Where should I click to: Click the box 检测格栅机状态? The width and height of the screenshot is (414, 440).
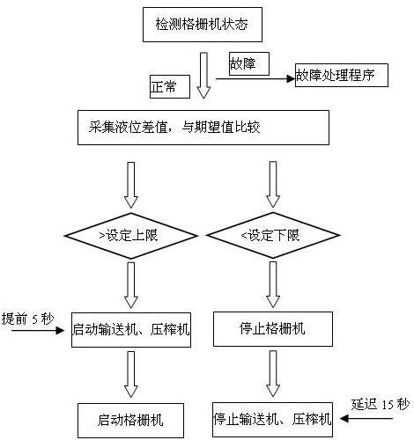203,25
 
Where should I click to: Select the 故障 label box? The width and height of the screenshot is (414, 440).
249,63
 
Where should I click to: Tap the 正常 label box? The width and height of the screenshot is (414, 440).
170,86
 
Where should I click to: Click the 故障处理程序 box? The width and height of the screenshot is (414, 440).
342,75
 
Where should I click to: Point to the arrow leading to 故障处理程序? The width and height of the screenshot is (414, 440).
255,78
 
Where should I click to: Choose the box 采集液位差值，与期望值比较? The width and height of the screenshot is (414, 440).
203,128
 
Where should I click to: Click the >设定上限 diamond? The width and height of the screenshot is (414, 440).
131,236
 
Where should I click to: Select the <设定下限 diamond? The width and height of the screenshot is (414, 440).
273,235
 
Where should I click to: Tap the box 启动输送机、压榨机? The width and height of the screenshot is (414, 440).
131,330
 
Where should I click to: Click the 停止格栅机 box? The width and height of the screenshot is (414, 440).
273,329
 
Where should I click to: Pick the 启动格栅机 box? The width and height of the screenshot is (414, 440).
130,421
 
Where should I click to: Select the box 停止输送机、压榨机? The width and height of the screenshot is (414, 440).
273,420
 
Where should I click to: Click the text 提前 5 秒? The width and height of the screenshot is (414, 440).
28,319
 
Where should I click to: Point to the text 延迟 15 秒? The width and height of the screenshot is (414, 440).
380,405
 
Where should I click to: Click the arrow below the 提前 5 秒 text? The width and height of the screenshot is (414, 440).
38,331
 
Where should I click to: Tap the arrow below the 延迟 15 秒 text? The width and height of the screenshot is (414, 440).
366,419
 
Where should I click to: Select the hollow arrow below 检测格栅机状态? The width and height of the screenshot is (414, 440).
203,76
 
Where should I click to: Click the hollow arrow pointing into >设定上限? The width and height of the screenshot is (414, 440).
131,186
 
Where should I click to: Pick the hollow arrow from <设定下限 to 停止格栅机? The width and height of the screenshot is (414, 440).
273,285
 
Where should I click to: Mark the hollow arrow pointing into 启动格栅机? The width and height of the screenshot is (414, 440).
131,375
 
